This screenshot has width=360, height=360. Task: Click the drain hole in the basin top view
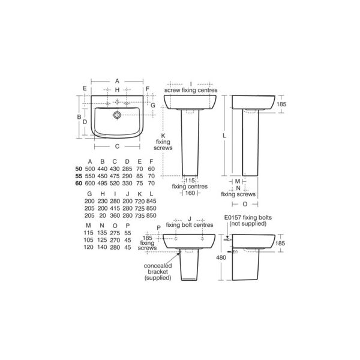[117, 115]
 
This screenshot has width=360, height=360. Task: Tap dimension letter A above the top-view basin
[117, 81]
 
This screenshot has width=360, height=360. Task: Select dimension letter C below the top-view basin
[117, 146]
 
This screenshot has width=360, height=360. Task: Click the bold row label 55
[79, 176]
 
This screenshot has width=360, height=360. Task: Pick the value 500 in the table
[90, 169]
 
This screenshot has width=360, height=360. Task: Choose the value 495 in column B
[103, 183]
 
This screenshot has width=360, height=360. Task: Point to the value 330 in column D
[127, 183]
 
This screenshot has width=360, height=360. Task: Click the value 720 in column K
[140, 201]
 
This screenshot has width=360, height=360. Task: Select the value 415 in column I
[115, 208]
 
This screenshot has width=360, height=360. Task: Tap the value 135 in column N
[102, 233]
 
